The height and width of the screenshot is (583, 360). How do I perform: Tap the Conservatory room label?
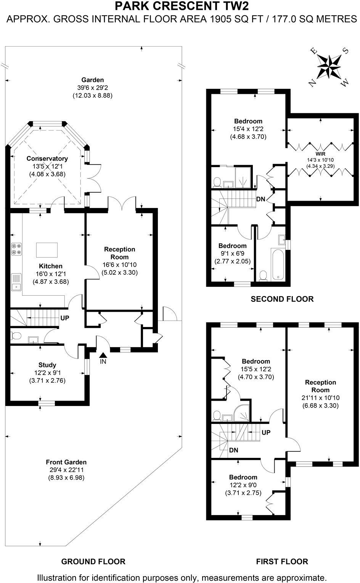[x=47, y=159]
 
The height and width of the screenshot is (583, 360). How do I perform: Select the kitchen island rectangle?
[x=47, y=250]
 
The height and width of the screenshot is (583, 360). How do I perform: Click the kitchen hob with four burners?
[x=16, y=249]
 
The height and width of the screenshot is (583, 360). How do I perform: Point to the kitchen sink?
[x=16, y=282]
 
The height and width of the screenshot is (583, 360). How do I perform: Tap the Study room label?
[x=47, y=365]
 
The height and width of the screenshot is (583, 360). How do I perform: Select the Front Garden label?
[x=66, y=462]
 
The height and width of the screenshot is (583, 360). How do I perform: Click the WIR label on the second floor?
[x=320, y=155]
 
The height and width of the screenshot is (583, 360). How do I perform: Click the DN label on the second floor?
[x=261, y=199]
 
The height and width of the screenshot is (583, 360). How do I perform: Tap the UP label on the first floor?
[x=266, y=433]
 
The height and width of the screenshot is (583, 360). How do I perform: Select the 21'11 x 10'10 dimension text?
[x=320, y=398]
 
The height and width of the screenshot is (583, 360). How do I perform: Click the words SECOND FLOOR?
[x=282, y=299]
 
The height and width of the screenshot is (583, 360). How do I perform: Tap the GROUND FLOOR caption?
[x=93, y=562]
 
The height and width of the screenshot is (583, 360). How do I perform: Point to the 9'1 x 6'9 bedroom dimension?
[x=232, y=253]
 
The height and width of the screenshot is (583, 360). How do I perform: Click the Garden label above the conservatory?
[x=93, y=80]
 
